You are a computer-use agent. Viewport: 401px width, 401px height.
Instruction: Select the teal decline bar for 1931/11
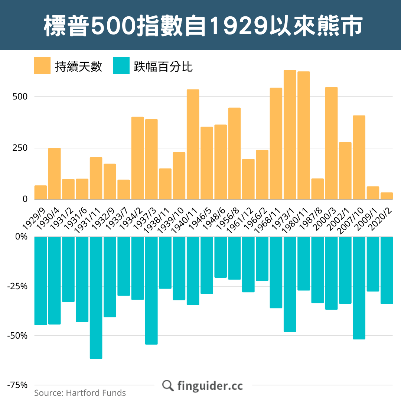96,297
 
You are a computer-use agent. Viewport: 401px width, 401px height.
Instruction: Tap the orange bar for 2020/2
387,196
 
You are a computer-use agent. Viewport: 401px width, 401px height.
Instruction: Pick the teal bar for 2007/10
359,288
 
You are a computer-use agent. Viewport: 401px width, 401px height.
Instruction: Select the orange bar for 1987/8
317,189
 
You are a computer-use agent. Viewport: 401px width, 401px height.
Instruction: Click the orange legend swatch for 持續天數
42,66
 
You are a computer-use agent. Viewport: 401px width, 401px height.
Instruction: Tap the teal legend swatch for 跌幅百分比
121,66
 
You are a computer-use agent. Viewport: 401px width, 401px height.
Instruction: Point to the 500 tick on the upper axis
20,97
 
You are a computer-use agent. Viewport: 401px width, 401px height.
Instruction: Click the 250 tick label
20,148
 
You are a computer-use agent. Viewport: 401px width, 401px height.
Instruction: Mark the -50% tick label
18,336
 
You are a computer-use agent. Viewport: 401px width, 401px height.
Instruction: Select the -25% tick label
18,286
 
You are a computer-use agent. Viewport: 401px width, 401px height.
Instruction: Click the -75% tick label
18,385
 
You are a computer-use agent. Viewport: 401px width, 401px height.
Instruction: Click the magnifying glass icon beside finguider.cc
168,385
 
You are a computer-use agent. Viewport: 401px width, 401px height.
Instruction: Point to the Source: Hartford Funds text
80,393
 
